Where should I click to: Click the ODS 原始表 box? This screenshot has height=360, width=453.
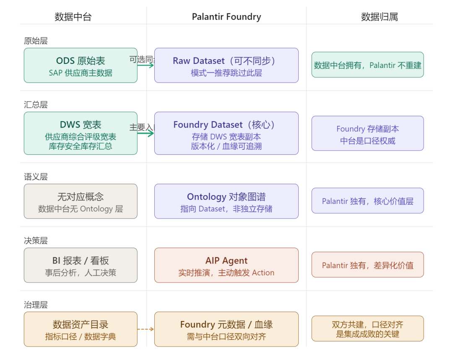tap(81, 65)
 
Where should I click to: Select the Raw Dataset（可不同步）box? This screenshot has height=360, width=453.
tap(226, 65)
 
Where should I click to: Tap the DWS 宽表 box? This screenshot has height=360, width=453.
tap(81, 133)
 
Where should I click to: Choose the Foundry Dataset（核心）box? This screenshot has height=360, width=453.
tap(226, 133)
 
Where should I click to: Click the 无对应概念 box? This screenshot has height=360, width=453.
tap(81, 201)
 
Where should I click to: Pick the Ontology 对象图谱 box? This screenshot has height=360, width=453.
tap(226, 201)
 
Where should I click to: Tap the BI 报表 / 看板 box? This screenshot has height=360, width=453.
tap(81, 265)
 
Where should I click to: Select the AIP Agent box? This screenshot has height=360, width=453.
tap(226, 265)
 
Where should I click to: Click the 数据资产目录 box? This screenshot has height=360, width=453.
tap(81, 329)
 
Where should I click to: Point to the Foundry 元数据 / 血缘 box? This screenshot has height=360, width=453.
tap(226, 329)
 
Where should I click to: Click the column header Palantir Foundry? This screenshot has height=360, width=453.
tap(226, 17)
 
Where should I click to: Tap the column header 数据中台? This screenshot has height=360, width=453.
tap(73, 17)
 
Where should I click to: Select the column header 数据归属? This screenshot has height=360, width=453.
tap(379, 17)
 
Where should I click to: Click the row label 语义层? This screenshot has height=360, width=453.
tap(36, 177)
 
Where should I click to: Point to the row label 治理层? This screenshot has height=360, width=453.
tap(36, 305)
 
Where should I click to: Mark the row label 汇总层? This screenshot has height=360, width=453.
tap(36, 104)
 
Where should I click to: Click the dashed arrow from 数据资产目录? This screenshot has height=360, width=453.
tap(146, 329)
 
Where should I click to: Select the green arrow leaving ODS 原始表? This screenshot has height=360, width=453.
tap(146, 65)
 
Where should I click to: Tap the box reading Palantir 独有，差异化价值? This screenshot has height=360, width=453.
tap(367, 265)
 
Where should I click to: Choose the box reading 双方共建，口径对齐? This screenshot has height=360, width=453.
tap(367, 329)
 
